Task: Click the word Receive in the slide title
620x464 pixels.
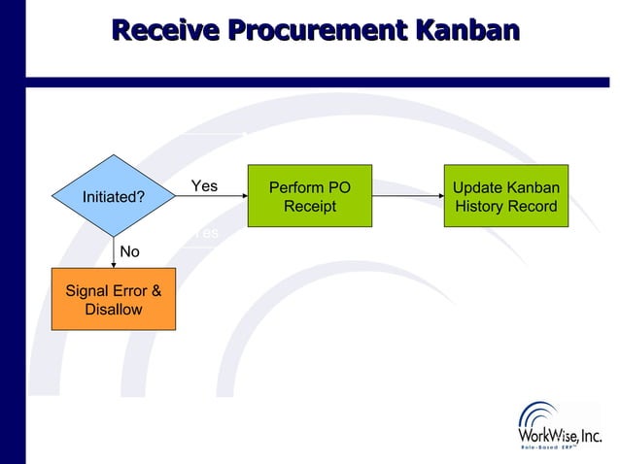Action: coord(165,30)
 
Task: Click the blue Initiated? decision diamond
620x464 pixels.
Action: coord(114,197)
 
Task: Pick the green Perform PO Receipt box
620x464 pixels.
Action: coord(309,196)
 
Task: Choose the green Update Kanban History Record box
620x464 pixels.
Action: coord(505,196)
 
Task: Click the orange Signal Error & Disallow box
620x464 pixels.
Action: coord(113,299)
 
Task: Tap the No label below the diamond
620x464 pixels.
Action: coord(129,251)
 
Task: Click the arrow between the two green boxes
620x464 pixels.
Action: coord(407,196)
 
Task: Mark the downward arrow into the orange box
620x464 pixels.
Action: coord(114,254)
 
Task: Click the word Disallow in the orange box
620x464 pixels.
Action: coord(114,310)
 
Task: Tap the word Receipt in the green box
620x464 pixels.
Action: coord(309,207)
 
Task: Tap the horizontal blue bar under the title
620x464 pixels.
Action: coord(321,82)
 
